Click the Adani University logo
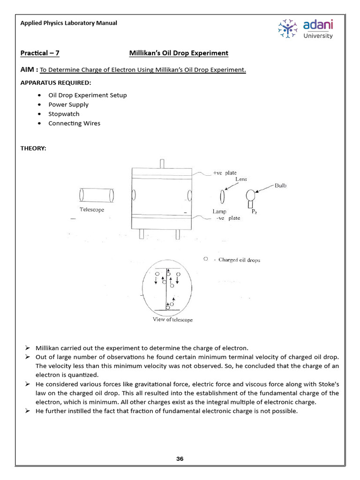[306, 29]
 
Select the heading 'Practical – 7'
[40, 53]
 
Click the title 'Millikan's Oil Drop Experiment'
[179, 53]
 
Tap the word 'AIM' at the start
[28, 70]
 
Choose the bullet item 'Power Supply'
[68, 105]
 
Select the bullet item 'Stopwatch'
[64, 114]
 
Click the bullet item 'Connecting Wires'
[74, 123]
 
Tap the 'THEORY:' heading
[33, 148]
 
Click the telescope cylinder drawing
[97, 195]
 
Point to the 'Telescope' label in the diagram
[92, 210]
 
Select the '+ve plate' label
[225, 173]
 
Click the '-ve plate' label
[228, 218]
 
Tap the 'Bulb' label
[281, 186]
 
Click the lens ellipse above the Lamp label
[223, 195]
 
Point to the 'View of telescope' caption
[172, 320]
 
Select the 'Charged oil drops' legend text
[239, 260]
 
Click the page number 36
[180, 459]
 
